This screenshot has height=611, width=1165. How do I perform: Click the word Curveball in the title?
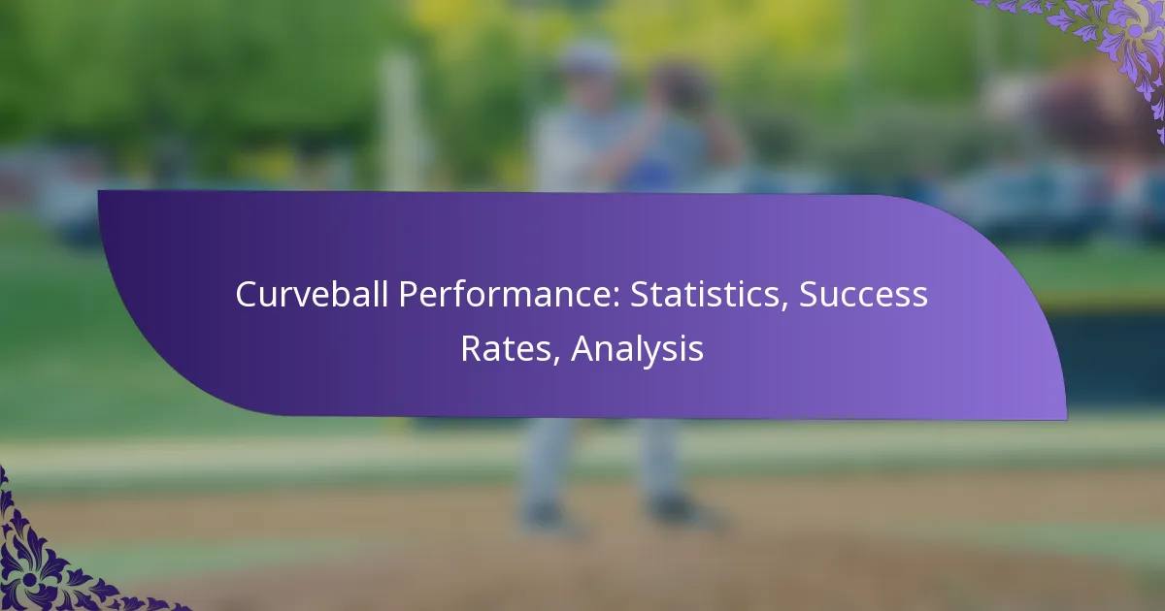[312, 294]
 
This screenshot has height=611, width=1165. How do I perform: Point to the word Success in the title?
[863, 295]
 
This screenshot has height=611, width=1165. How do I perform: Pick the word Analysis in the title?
[638, 350]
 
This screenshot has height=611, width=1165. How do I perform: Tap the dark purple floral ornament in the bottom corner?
[47, 562]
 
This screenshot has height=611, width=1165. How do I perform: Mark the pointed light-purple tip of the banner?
[1065, 417]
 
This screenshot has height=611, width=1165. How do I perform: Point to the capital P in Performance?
[410, 295]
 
